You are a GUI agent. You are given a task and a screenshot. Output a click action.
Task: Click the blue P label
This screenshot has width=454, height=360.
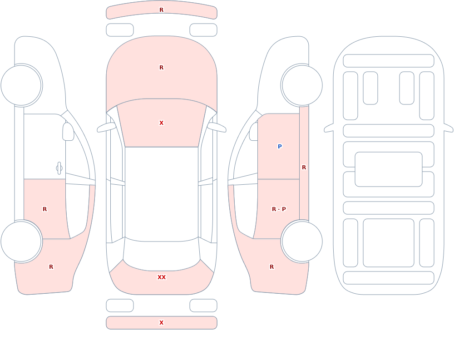tap(280, 147)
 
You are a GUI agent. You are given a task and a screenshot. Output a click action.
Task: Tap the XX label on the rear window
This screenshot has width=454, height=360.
tap(162, 277)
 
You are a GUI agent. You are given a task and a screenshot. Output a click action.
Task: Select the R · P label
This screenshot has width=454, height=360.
tap(279, 209)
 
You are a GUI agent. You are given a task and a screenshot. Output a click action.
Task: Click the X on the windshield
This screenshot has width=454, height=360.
tap(162, 123)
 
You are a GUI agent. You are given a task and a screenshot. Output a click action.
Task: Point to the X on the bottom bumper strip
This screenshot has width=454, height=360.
tap(162, 323)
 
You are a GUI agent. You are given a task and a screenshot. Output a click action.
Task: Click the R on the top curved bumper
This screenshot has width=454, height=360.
tap(162, 10)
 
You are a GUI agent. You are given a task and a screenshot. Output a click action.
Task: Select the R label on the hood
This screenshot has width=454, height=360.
tap(162, 68)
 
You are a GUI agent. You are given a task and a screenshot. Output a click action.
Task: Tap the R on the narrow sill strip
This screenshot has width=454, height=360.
tap(304, 168)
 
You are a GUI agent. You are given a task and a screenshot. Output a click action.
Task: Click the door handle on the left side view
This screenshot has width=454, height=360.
tap(59, 168)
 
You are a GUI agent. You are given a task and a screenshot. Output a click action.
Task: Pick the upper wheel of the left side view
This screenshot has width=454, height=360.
tap(21, 85)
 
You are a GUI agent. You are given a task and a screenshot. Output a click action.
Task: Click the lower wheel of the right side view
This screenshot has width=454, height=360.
tap(302, 241)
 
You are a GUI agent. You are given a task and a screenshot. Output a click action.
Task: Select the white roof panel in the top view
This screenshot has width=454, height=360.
tap(162, 194)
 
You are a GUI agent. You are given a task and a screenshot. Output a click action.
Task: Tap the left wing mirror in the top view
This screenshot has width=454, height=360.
tap(106, 127)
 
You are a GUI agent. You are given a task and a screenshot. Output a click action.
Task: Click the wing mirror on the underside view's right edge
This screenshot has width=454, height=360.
tap(449, 128)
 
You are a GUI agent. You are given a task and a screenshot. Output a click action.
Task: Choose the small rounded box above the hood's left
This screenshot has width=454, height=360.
tap(120, 30)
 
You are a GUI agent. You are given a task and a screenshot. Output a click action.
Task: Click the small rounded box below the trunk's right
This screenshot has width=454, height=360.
tap(203, 306)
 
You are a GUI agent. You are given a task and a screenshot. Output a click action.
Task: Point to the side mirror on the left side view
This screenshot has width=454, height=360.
tap(68, 132)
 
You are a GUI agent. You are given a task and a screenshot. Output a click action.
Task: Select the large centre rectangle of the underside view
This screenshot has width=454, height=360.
tap(389, 169)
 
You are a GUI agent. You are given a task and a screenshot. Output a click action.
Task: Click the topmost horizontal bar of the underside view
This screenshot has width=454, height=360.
tap(389, 61)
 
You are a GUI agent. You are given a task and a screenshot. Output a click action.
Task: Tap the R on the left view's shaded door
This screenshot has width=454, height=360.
tap(44, 209)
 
